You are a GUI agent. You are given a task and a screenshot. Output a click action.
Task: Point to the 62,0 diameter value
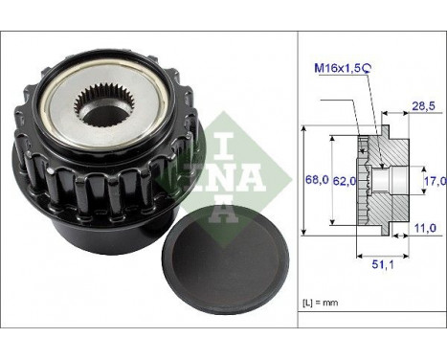click(x=344, y=179)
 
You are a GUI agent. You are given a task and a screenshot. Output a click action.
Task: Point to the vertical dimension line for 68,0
click(x=303, y=179)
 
